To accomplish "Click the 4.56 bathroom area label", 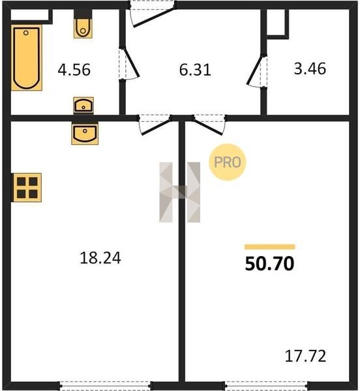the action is pyautogui.click(x=74, y=70).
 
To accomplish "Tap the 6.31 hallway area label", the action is pyautogui.click(x=195, y=70).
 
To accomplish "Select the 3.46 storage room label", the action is pyautogui.click(x=310, y=69).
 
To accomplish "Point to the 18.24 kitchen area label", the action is pyautogui.click(x=100, y=258).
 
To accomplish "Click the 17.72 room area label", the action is pyautogui.click(x=305, y=356).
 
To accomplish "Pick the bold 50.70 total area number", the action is pyautogui.click(x=270, y=264).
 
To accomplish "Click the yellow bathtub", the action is pyautogui.click(x=27, y=57).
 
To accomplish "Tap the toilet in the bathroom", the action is pyautogui.click(x=83, y=24).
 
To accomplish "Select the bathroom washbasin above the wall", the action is pyautogui.click(x=83, y=106).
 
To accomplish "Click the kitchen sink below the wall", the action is pyautogui.click(x=85, y=133).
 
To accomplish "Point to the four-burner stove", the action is pyautogui.click(x=27, y=188).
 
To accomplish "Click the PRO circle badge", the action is pyautogui.click(x=227, y=162).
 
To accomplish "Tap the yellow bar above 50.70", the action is pyautogui.click(x=270, y=247).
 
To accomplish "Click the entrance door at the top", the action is pyautogui.click(x=153, y=14).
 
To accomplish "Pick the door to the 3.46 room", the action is pyautogui.click(x=256, y=70).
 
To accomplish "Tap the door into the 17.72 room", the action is pyautogui.click(x=209, y=124).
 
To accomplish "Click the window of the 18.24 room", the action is pyautogui.click(x=106, y=385).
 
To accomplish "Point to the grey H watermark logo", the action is pyautogui.click(x=179, y=192).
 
